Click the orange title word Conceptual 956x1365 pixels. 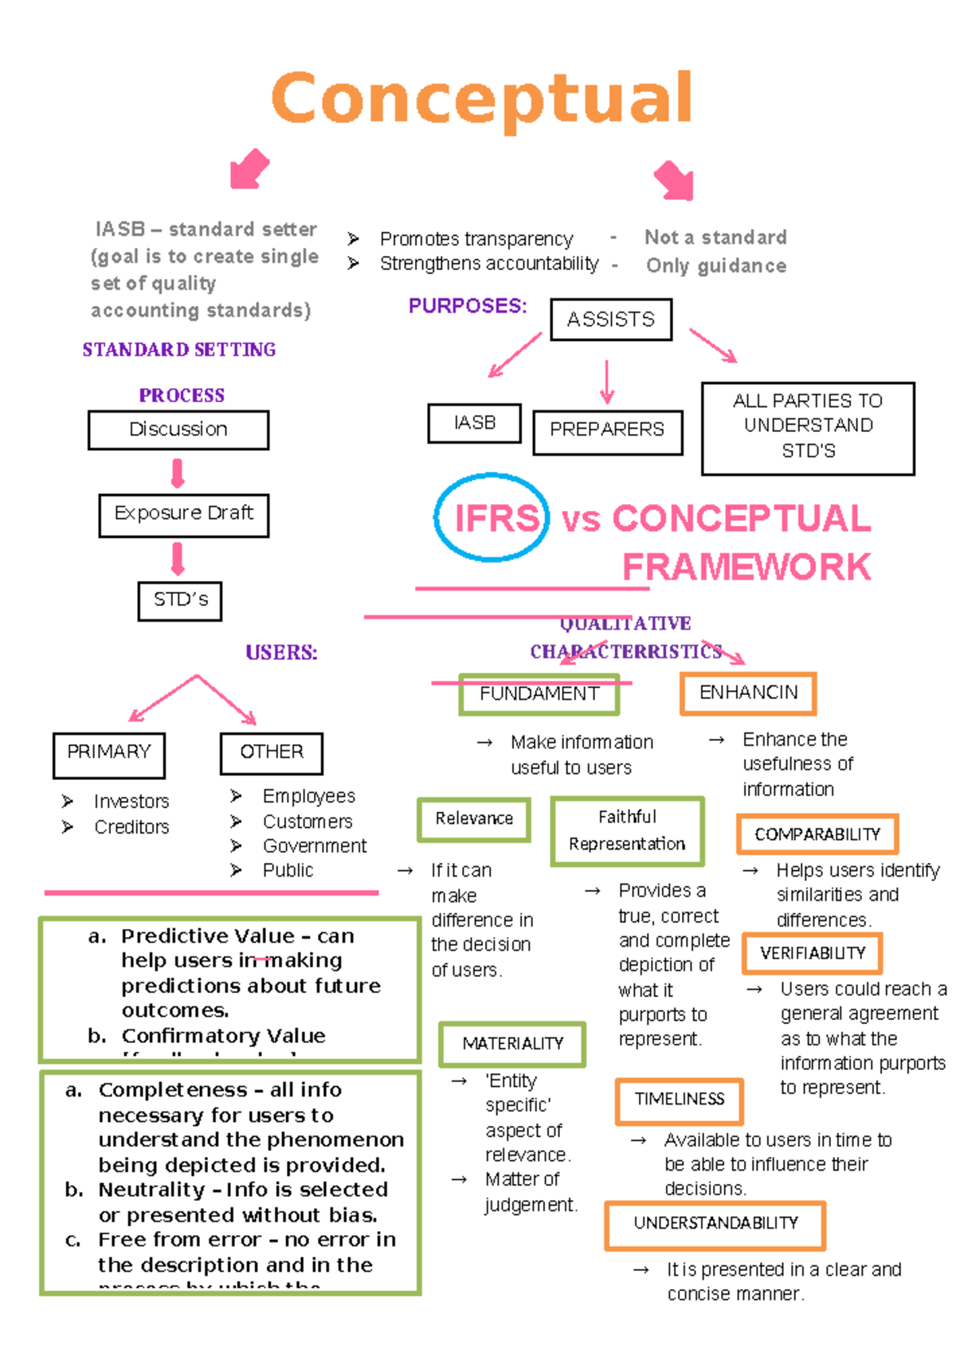click(x=481, y=99)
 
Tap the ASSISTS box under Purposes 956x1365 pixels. click(x=611, y=320)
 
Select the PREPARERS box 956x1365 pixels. click(x=607, y=431)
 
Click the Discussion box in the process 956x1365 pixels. click(x=178, y=430)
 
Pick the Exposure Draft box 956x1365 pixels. click(x=184, y=515)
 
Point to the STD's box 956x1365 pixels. click(x=180, y=601)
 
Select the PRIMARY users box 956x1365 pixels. click(x=109, y=754)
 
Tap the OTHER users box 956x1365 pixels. click(x=272, y=753)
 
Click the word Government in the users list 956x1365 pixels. click(x=315, y=846)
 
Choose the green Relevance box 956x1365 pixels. click(x=474, y=819)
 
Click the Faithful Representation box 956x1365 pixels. click(x=627, y=831)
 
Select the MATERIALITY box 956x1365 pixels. click(x=512, y=1044)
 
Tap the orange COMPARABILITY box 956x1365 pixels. click(x=817, y=834)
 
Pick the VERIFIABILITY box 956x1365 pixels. click(x=812, y=954)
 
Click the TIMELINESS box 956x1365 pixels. click(x=680, y=1100)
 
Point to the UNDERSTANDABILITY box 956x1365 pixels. click(x=715, y=1225)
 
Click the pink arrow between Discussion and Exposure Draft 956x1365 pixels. click(x=178, y=473)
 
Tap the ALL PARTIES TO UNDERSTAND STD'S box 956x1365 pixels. click(x=808, y=428)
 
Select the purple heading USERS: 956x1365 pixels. click(x=281, y=653)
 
